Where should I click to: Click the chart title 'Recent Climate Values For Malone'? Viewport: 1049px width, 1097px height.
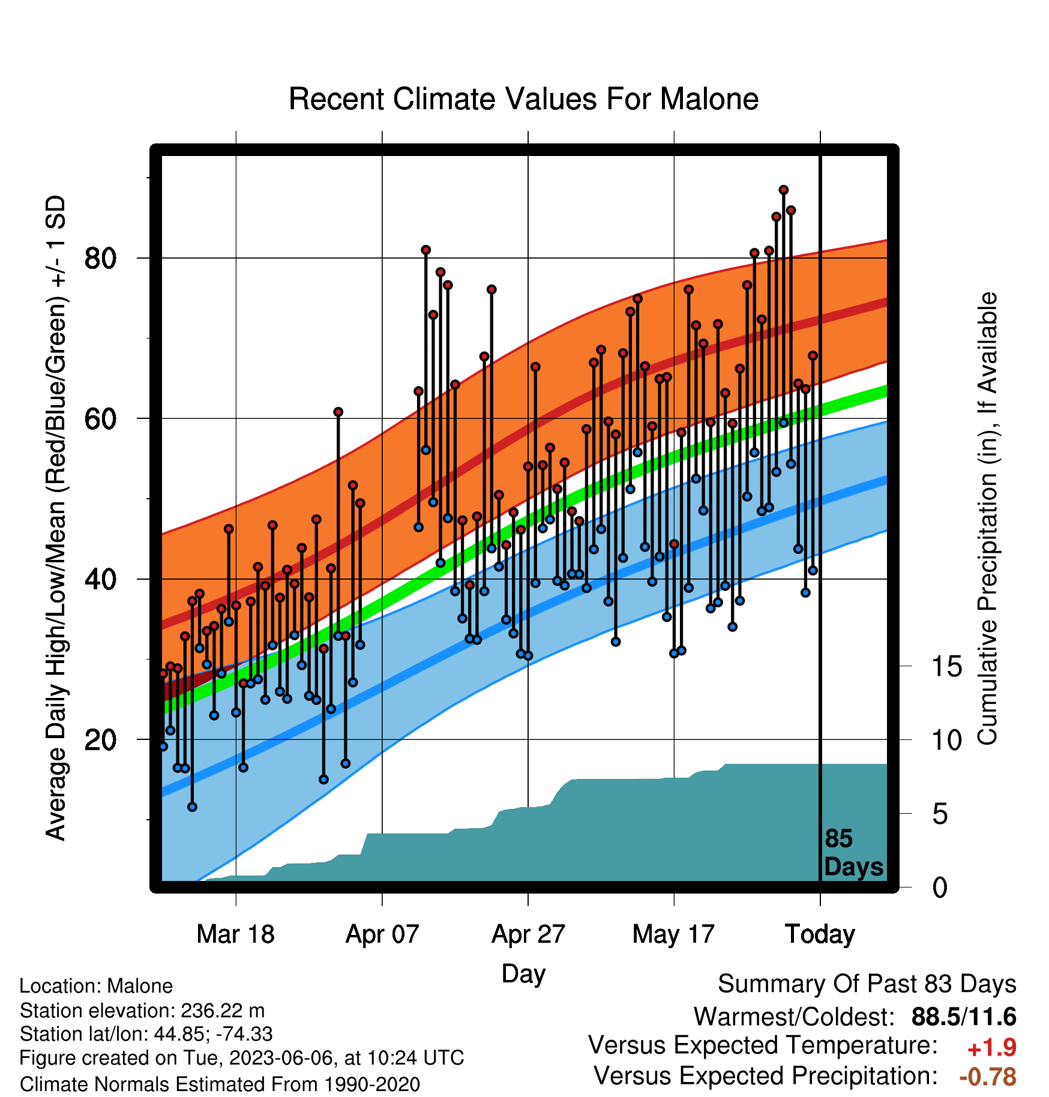coord(523,99)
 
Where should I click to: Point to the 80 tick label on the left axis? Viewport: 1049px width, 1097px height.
coord(100,259)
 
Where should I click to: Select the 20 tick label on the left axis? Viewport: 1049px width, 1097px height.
coord(100,740)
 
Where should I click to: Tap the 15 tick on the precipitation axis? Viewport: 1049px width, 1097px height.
coord(946,667)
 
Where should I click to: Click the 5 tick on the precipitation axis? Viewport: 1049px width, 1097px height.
coord(940,814)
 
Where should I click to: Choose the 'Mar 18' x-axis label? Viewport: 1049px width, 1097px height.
coord(235,934)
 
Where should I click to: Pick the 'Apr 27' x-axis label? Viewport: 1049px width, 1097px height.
coord(528,934)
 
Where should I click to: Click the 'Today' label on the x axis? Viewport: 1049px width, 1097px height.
coord(820,934)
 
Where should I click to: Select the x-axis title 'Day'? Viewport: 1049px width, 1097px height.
coord(523,974)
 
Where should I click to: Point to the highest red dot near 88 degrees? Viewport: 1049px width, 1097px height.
coord(783,190)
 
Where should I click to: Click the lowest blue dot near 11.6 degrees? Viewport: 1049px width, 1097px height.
coord(192,807)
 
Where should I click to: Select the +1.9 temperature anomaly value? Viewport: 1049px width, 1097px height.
coord(992,1048)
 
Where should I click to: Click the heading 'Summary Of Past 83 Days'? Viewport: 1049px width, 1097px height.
coord(867,985)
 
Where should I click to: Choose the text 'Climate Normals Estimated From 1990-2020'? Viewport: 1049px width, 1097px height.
coord(220,1084)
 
